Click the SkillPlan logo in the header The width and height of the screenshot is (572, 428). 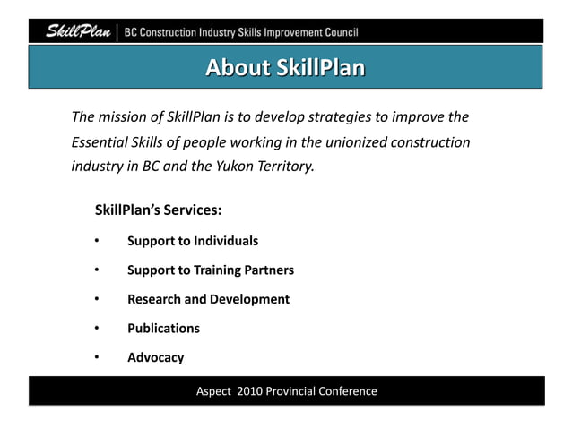pyautogui.click(x=78, y=33)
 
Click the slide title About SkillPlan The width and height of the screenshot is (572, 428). pyautogui.click(x=285, y=68)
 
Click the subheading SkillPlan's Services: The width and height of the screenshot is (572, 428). pyautogui.click(x=159, y=211)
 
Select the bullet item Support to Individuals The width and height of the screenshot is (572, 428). pyautogui.click(x=193, y=241)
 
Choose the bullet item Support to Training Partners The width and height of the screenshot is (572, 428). pyautogui.click(x=211, y=270)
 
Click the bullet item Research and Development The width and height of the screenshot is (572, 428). pyautogui.click(x=208, y=299)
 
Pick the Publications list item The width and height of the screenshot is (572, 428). pyautogui.click(x=163, y=328)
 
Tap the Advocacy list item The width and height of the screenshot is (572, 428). pyautogui.click(x=155, y=357)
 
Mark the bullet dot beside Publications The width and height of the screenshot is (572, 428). pyautogui.click(x=96, y=328)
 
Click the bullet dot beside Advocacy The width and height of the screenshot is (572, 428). pyautogui.click(x=96, y=357)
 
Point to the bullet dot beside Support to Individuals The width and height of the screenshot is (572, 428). pyautogui.click(x=96, y=241)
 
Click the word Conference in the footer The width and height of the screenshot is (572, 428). pyautogui.click(x=347, y=391)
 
